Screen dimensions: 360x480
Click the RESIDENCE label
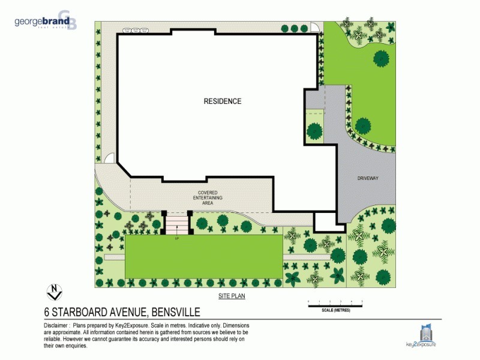(223, 101)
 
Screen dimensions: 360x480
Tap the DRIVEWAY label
(367, 179)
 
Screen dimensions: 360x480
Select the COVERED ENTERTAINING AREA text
(208, 198)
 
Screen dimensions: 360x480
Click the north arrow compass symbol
(55, 292)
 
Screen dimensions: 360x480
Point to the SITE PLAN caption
(232, 296)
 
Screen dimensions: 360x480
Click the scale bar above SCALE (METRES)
(335, 306)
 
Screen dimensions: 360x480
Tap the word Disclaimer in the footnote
(56, 324)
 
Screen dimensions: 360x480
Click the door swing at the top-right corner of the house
(314, 28)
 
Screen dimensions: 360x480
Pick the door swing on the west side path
(109, 158)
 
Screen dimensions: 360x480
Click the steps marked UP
(178, 225)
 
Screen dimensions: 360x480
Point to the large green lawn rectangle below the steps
(204, 256)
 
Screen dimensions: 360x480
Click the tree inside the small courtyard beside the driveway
(314, 130)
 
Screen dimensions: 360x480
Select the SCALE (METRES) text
(335, 310)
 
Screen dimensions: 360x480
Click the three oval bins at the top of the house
(136, 29)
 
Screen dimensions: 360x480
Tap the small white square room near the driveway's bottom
(324, 222)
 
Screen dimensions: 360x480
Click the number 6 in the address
(47, 312)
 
